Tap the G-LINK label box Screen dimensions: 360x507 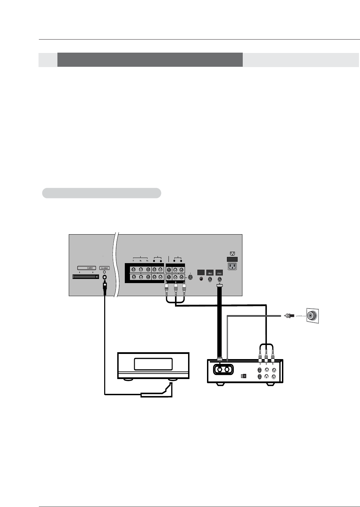click(x=105, y=268)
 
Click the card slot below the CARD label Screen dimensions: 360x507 click(x=86, y=277)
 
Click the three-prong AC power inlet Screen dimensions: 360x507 click(x=232, y=267)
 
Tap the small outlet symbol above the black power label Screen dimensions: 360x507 click(x=232, y=253)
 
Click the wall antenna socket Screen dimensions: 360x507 click(x=313, y=315)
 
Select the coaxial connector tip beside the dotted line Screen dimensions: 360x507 click(x=288, y=315)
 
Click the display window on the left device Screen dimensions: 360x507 click(x=153, y=364)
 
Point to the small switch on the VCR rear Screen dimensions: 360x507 click(x=243, y=376)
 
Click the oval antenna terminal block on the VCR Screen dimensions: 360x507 click(x=223, y=370)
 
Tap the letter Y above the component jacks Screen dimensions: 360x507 click(x=133, y=260)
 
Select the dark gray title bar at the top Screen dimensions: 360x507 click(x=150, y=60)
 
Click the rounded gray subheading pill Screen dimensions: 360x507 click(x=101, y=193)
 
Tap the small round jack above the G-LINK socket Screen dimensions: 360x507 click(x=105, y=272)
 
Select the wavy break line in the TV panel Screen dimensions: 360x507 click(x=116, y=265)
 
